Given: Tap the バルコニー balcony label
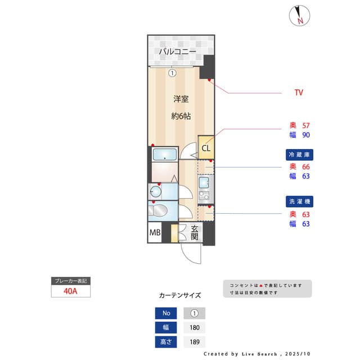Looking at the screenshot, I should pyautogui.click(x=177, y=52).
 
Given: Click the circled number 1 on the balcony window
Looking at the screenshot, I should pyautogui.click(x=173, y=73).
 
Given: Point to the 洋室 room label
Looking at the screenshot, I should pyautogui.click(x=181, y=99).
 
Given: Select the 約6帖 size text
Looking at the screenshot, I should pyautogui.click(x=181, y=116).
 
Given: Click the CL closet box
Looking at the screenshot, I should pyautogui.click(x=206, y=148).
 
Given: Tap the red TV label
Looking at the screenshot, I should pyautogui.click(x=299, y=92).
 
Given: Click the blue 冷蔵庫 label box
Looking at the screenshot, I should pyautogui.click(x=299, y=154).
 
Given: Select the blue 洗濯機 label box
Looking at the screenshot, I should pyautogui.click(x=299, y=201).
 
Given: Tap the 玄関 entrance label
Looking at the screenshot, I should pyautogui.click(x=195, y=233).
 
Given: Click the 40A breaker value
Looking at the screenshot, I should pyautogui.click(x=70, y=291).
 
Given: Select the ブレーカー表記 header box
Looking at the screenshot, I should pyautogui.click(x=70, y=281).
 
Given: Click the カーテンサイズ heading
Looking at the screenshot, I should pyautogui.click(x=180, y=295).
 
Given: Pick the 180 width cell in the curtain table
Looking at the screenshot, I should pyautogui.click(x=195, y=327).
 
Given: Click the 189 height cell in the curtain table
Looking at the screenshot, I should pyautogui.click(x=195, y=342).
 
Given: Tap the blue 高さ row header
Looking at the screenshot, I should pyautogui.click(x=166, y=342).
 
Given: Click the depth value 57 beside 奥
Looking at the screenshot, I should pyautogui.click(x=307, y=125).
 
